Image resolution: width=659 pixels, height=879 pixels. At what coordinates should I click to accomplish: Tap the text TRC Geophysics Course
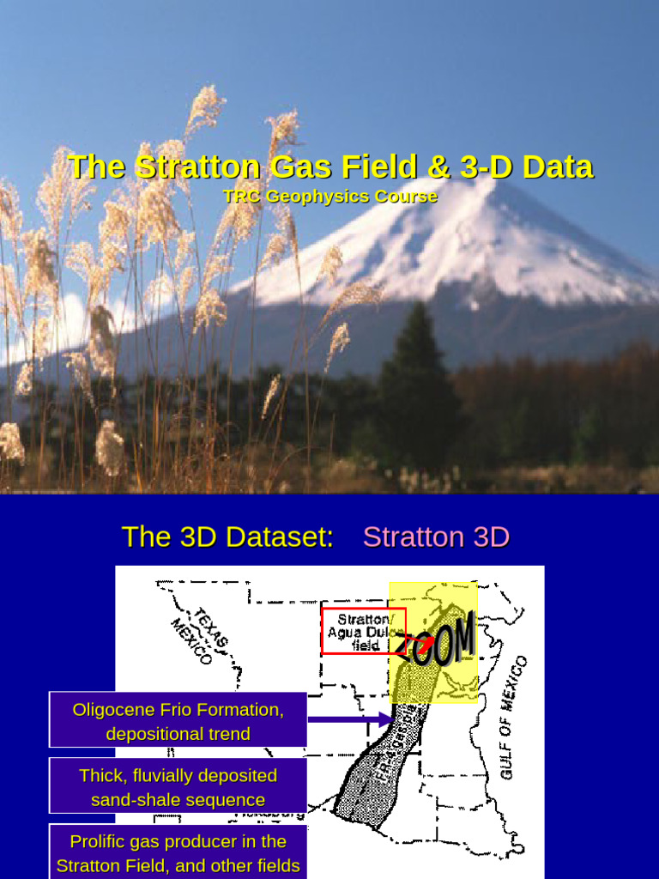click(330, 197)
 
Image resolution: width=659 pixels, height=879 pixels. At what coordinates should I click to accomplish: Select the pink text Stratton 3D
click(436, 537)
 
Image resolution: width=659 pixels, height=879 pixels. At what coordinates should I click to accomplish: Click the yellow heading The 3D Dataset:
click(227, 537)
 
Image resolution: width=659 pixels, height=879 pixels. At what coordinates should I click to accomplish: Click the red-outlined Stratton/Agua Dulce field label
click(364, 632)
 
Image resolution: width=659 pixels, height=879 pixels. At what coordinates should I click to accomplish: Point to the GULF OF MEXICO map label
click(514, 718)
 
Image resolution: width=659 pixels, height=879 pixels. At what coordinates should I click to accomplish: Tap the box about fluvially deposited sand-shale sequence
click(178, 786)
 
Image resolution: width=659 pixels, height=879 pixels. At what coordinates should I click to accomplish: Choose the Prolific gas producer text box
click(178, 852)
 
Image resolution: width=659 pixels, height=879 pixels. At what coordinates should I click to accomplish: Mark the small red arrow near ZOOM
click(415, 641)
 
